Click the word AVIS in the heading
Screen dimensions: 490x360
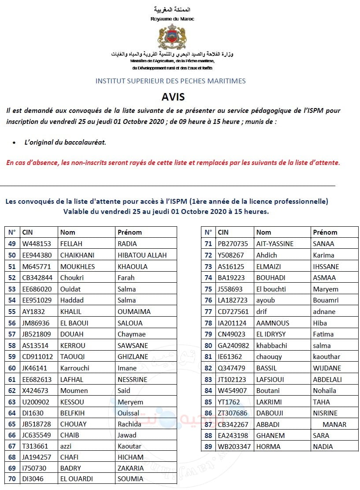[173, 97]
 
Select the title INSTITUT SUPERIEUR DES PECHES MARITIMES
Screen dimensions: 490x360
[171, 81]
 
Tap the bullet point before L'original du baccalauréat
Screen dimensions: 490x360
[14, 142]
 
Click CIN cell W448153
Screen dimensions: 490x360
[37, 243]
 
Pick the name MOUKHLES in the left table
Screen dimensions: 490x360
[78, 266]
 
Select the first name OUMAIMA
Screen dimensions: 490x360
[134, 311]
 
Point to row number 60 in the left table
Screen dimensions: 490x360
[12, 368]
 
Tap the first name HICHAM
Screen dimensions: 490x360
[130, 457]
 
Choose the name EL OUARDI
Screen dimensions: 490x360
[80, 479]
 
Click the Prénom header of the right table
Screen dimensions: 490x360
[325, 232]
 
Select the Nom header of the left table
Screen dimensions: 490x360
[68, 232]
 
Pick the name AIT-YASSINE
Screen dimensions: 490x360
[275, 243]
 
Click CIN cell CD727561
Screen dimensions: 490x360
[233, 311]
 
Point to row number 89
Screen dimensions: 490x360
[208, 446]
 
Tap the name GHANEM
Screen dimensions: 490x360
[271, 435]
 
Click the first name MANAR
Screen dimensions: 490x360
[334, 424]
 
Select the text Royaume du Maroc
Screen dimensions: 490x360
[172, 19]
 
